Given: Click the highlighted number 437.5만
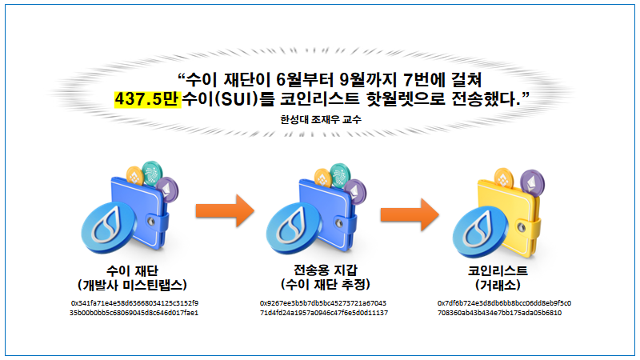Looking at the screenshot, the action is point(148,98).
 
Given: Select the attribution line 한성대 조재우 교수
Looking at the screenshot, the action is point(321,119).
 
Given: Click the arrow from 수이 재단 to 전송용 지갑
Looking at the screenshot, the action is point(226,211).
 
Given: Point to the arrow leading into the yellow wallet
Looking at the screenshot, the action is point(410,214).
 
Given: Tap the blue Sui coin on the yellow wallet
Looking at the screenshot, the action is point(481,232).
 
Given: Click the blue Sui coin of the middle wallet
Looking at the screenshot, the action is point(294,228).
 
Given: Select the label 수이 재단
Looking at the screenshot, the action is point(132,270).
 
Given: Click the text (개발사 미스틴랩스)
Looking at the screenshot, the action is point(132,285).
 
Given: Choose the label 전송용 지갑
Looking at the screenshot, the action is point(326,270).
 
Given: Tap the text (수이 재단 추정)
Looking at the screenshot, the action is point(326,284).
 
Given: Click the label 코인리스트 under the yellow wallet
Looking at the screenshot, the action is point(498,270).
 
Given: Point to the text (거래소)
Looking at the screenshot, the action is point(498,285).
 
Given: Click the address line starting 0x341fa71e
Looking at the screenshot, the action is point(134,303).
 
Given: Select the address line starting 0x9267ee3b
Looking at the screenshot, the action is point(323,303).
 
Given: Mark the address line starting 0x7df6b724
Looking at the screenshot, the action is point(505,303).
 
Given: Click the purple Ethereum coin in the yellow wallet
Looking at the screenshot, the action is point(532,182).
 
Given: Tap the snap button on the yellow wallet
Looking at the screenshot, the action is point(522,226).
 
